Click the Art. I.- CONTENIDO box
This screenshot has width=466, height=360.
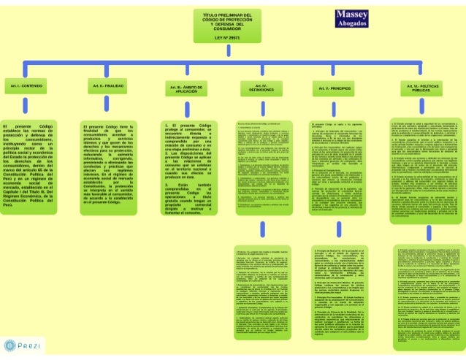click(x=26, y=86)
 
